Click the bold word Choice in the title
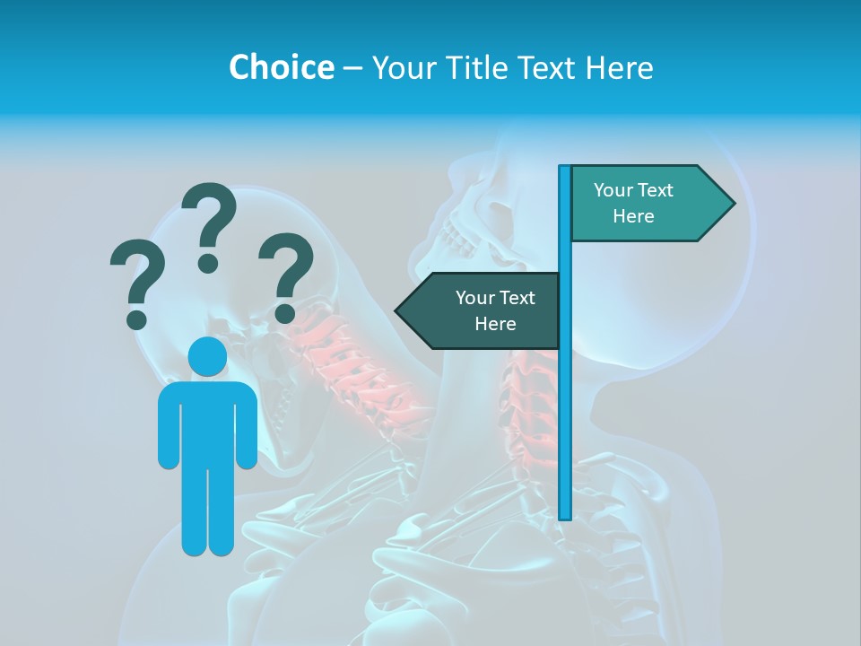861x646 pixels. (x=281, y=67)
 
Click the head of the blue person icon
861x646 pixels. (x=207, y=357)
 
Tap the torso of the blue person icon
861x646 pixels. (x=207, y=422)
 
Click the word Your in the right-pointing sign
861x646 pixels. (x=614, y=190)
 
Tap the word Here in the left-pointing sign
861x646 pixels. (x=495, y=324)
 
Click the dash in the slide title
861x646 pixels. (x=352, y=68)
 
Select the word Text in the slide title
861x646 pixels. (x=551, y=67)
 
